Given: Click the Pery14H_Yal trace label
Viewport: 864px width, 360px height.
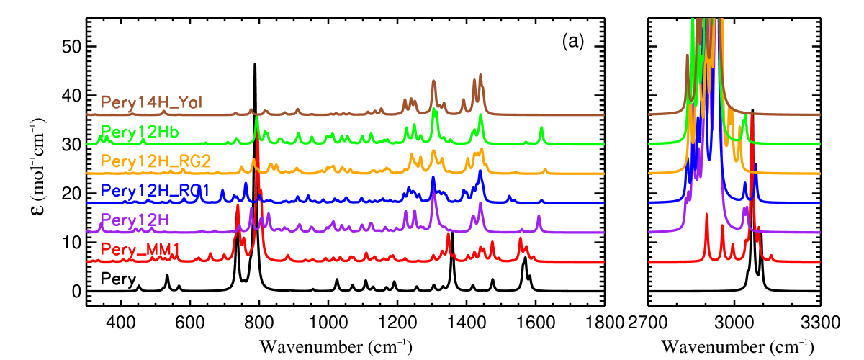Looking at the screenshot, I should pyautogui.click(x=151, y=102).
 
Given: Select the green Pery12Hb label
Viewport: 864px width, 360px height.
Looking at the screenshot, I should pyautogui.click(x=140, y=132).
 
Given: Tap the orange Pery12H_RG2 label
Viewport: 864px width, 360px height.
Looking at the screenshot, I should pyautogui.click(x=156, y=161).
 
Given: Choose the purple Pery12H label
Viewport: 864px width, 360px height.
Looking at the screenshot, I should pyautogui.click(x=135, y=220).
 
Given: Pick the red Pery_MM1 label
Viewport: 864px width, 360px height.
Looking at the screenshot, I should pyautogui.click(x=140, y=250).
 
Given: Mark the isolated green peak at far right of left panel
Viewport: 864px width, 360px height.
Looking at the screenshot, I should pyautogui.click(x=541, y=129).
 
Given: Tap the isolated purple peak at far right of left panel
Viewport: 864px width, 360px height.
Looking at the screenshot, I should pyautogui.click(x=539, y=217).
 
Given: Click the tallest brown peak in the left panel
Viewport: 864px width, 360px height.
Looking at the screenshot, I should pyautogui.click(x=480, y=75).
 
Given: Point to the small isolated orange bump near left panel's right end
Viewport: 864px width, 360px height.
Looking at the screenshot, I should pyautogui.click(x=545, y=170).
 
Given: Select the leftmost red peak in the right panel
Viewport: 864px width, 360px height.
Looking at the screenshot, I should pyautogui.click(x=707, y=215).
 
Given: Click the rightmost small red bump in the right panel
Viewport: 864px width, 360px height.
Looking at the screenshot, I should pyautogui.click(x=771, y=256).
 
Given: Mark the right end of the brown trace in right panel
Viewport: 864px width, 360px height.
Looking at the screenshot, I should pyautogui.click(x=819, y=114).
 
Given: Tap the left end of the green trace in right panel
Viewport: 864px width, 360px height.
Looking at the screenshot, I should pyautogui.click(x=650, y=144).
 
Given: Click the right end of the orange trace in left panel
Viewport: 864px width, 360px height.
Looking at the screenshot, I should pyautogui.click(x=603, y=174).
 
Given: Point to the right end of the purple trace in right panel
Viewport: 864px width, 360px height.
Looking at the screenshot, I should pyautogui.click(x=819, y=232).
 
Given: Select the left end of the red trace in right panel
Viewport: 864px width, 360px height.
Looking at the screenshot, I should pyautogui.click(x=650, y=261).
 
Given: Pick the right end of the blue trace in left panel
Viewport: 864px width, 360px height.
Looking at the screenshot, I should pyautogui.click(x=603, y=202).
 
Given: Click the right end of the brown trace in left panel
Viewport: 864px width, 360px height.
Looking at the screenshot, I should pyautogui.click(x=603, y=114).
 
